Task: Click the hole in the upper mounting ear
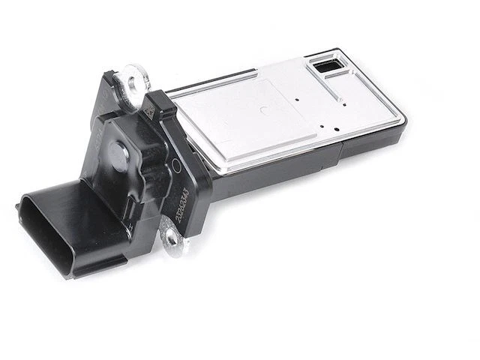pos(133,77)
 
